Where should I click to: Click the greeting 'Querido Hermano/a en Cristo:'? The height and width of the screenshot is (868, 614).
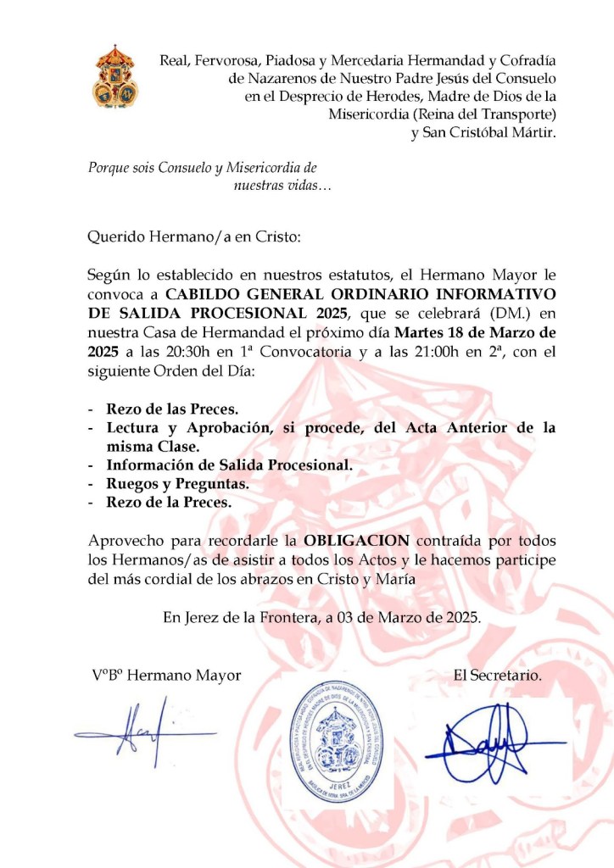pyautogui.click(x=194, y=237)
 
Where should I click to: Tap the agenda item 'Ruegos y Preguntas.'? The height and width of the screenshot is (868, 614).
pyautogui.click(x=177, y=483)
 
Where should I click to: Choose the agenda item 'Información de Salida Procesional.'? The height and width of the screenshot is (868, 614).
pyautogui.click(x=229, y=465)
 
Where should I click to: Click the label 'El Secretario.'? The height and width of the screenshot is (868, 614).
pyautogui.click(x=498, y=675)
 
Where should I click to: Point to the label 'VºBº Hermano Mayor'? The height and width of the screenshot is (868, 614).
pyautogui.click(x=167, y=675)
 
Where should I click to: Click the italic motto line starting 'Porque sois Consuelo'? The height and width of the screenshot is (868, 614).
pyautogui.click(x=203, y=168)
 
